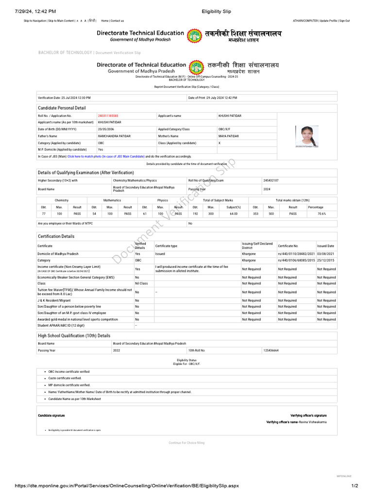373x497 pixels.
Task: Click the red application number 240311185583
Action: [108, 116]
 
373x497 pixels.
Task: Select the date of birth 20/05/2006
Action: [105, 130]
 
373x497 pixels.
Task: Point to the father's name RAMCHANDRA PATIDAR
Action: [114, 136]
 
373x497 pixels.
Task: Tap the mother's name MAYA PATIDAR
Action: [230, 136]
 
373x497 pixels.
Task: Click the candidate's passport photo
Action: [307, 136]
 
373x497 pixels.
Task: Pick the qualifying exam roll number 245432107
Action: [271, 180]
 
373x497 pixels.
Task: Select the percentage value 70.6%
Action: [322, 214]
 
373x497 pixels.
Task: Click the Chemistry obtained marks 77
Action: [43, 214]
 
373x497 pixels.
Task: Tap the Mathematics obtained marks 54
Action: [94, 214]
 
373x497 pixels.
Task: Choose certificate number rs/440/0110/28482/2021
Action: [296, 254]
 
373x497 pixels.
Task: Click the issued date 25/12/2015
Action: [325, 260]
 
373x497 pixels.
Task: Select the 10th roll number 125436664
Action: [271, 350]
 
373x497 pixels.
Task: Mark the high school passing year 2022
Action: [116, 350]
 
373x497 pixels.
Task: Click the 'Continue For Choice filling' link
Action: [186, 443]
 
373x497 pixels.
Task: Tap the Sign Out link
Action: [344, 21]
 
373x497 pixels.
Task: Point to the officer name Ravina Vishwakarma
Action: [313, 422]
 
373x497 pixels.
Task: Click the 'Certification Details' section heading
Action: [56, 236]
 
